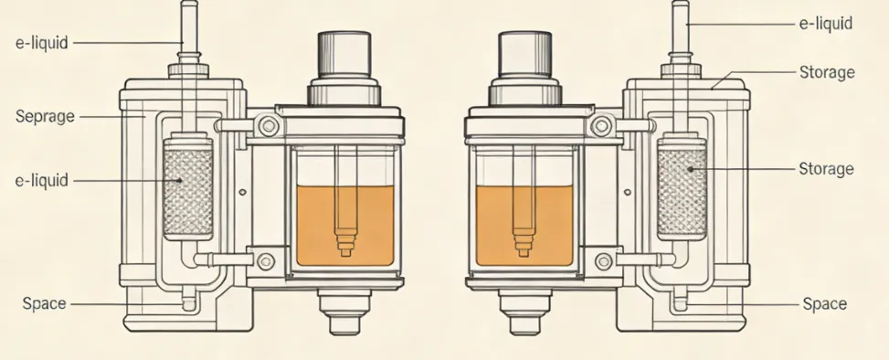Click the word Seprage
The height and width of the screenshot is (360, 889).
pos(45,117)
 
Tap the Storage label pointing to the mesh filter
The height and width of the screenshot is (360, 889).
pos(826,169)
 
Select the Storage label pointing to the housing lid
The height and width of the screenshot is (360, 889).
pos(827,72)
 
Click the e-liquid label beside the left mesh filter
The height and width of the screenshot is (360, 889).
pos(41,181)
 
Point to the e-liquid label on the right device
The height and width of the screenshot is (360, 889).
pos(826,24)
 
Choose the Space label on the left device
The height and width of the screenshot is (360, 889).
pos(44,303)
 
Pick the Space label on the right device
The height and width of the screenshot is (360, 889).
pos(825,304)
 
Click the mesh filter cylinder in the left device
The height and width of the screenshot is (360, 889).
pos(188,186)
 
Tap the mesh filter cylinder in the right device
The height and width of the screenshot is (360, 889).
pos(683,186)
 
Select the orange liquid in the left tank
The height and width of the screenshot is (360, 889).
pos(345,225)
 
